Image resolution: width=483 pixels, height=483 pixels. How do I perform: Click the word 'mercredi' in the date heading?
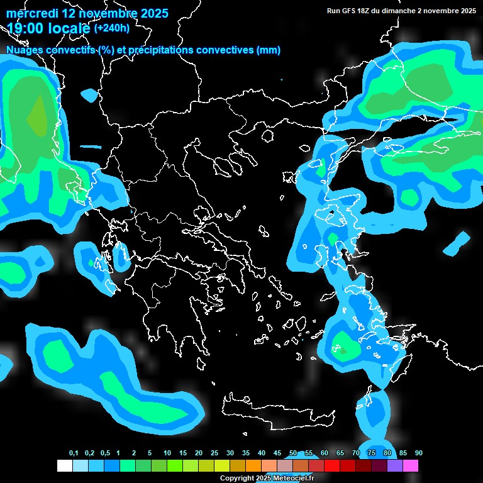click(x=32, y=13)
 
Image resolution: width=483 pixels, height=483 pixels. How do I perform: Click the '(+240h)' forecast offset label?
click(x=111, y=28)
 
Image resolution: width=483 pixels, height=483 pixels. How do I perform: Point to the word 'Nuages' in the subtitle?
click(x=25, y=50)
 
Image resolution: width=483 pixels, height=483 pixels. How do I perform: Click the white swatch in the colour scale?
click(x=65, y=466)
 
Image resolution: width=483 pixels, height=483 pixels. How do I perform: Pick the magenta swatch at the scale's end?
click(x=411, y=466)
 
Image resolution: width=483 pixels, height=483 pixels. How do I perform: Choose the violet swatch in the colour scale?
click(x=395, y=466)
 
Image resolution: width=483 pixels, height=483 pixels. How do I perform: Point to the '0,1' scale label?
click(x=73, y=453)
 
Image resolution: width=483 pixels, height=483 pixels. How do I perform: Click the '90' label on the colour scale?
click(x=418, y=453)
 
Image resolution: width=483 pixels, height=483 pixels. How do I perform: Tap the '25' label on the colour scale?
click(x=214, y=453)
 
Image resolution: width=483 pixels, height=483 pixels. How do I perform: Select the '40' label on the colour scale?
click(x=262, y=453)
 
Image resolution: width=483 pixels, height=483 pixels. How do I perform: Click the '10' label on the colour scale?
click(x=167, y=453)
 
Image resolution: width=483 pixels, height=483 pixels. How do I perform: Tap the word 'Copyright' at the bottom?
click(x=236, y=479)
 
